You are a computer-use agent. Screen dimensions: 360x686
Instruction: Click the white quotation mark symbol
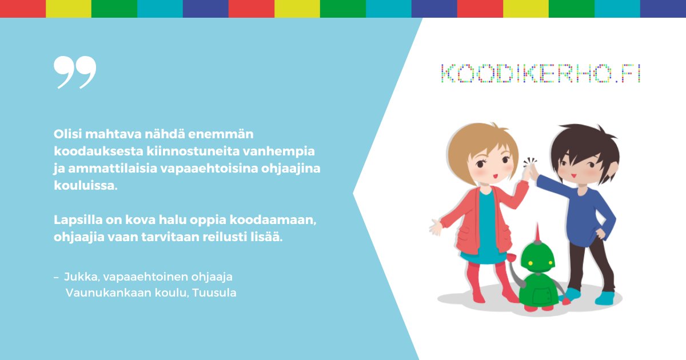(75, 72)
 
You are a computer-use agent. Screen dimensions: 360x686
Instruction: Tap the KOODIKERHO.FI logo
(540, 73)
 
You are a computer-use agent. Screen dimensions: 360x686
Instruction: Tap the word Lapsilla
(76, 220)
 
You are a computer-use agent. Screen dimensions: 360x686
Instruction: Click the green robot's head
(537, 258)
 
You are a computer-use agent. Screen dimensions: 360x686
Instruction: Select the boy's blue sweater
(583, 211)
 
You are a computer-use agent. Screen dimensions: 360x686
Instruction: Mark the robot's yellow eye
(530, 263)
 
